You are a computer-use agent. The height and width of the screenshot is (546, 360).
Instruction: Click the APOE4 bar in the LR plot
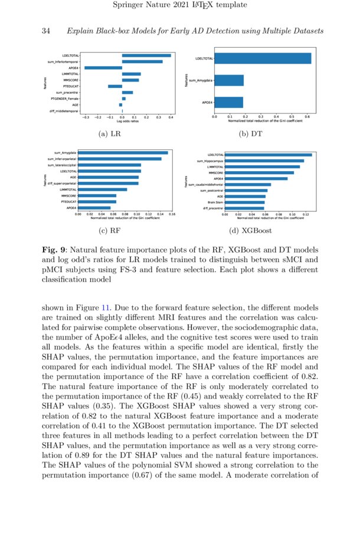(x=103, y=68)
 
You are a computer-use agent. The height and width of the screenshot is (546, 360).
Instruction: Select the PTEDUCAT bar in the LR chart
(x=115, y=86)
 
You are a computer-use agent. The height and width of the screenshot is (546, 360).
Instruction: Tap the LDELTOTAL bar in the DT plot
(x=263, y=58)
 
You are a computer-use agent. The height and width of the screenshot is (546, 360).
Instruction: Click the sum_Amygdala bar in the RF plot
(x=123, y=152)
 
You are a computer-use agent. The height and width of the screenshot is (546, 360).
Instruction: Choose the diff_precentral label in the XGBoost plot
(x=213, y=208)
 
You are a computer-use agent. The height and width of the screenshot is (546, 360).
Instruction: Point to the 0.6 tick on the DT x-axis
(x=307, y=117)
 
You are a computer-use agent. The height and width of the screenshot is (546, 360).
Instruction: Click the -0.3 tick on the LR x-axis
(x=86, y=117)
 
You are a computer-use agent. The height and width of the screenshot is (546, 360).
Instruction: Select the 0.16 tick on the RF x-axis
(x=172, y=214)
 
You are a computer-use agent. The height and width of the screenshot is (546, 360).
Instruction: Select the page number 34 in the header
(x=45, y=30)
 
